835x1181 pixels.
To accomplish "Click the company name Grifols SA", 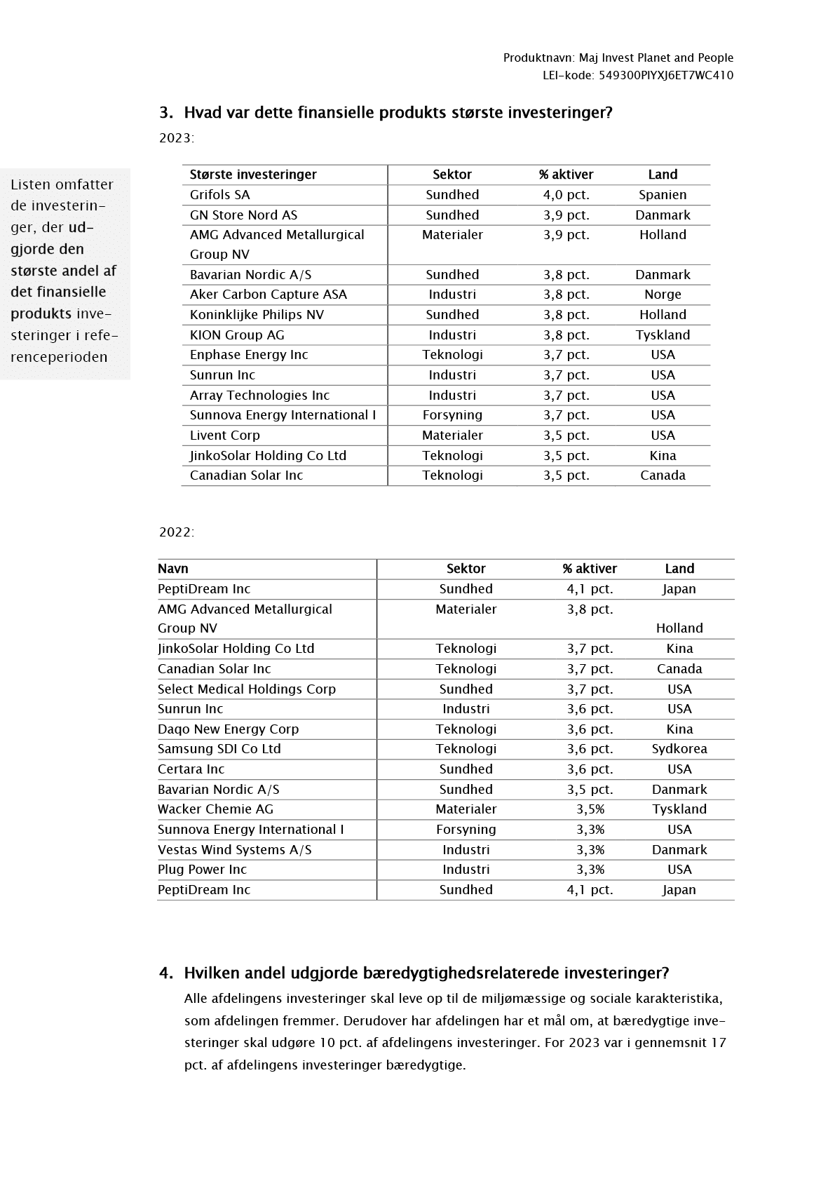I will (x=219, y=195).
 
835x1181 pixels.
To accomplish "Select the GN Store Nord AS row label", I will (x=243, y=215).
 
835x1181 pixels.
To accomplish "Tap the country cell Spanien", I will (x=663, y=195).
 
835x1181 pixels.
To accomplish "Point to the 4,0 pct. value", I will (x=566, y=195).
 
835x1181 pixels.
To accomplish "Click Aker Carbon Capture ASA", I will (x=268, y=295).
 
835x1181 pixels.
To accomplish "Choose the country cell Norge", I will (x=663, y=295).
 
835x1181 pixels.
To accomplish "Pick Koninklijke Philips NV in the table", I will (x=257, y=315).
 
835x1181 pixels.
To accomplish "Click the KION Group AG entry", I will (x=237, y=335).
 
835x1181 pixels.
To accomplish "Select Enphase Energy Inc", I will (x=249, y=355).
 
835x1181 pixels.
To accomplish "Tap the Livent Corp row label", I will (x=224, y=436).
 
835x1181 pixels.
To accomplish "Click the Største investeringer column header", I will (x=253, y=175).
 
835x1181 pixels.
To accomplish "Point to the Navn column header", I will (x=173, y=569).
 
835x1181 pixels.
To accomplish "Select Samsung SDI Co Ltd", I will (x=219, y=749).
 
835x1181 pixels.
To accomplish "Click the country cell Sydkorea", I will (x=679, y=749).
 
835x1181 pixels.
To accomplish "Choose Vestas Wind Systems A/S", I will (x=234, y=850).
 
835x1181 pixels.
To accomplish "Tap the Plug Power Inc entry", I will (x=202, y=870).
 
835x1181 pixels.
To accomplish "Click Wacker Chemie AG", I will (x=215, y=809).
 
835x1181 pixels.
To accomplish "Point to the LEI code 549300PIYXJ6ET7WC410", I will (x=665, y=76).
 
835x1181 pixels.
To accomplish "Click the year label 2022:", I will (x=177, y=532).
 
